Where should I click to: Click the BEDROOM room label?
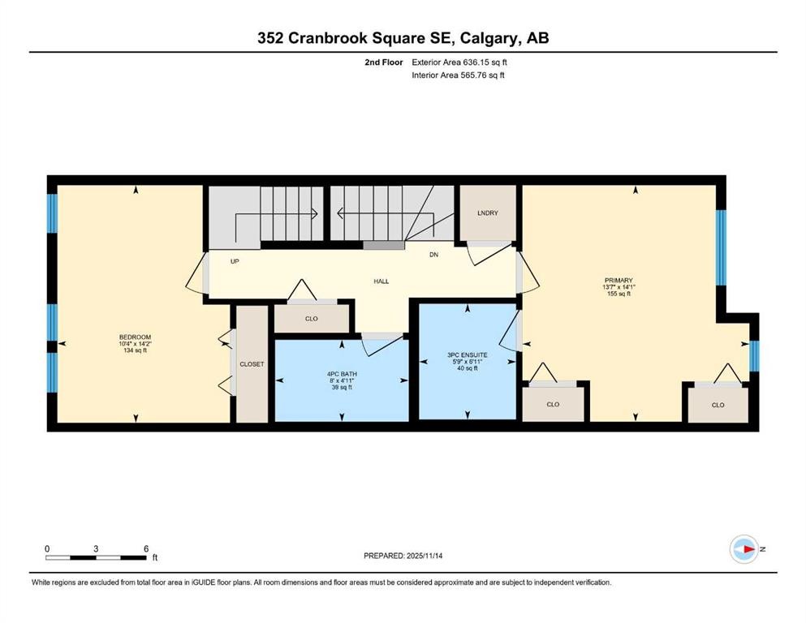click(x=135, y=337)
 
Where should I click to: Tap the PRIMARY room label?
click(x=618, y=280)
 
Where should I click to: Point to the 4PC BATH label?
click(x=342, y=374)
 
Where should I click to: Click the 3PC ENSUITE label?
click(x=466, y=354)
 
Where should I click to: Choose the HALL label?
click(x=381, y=281)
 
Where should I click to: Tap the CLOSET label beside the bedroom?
click(x=252, y=364)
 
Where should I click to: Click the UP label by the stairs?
click(x=235, y=261)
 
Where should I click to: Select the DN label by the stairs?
click(x=434, y=254)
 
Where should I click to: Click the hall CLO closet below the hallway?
click(x=312, y=319)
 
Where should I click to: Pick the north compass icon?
click(x=744, y=549)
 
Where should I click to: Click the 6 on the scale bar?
click(x=146, y=548)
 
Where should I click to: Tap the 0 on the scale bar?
click(x=47, y=548)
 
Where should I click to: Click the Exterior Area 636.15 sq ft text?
click(x=460, y=62)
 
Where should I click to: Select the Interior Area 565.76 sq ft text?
click(x=459, y=75)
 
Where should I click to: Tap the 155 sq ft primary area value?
click(x=618, y=294)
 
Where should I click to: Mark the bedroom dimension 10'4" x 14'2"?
click(x=135, y=344)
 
